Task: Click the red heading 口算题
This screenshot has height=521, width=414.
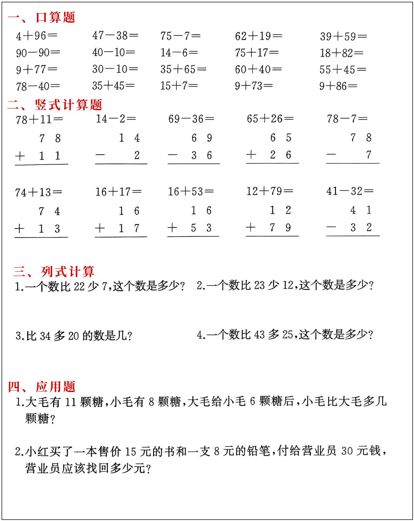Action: point(55,17)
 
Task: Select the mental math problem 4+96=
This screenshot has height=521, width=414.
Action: point(37,36)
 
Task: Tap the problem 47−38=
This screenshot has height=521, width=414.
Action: point(115,35)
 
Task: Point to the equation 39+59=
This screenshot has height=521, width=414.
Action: point(343,36)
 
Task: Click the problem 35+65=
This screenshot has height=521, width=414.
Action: point(183,69)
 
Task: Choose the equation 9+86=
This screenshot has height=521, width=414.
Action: point(338,86)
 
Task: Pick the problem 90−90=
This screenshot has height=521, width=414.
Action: point(38,53)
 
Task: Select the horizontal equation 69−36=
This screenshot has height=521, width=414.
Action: point(191,119)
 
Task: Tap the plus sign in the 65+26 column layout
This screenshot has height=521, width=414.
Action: point(251,154)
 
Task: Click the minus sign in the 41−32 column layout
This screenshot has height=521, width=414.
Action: point(331,227)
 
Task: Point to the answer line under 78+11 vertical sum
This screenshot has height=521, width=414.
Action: point(41,165)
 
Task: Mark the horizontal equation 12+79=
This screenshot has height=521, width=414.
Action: point(270,191)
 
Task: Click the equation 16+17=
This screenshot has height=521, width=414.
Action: point(118,192)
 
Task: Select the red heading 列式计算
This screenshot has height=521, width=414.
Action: point(67,272)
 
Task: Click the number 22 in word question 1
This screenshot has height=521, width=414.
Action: point(79,287)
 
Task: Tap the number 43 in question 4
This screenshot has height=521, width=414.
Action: point(259,335)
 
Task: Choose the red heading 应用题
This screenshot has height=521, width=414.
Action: point(55,387)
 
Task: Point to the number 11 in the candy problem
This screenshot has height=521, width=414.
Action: point(71,402)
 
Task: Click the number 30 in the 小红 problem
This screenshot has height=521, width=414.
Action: point(347,451)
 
